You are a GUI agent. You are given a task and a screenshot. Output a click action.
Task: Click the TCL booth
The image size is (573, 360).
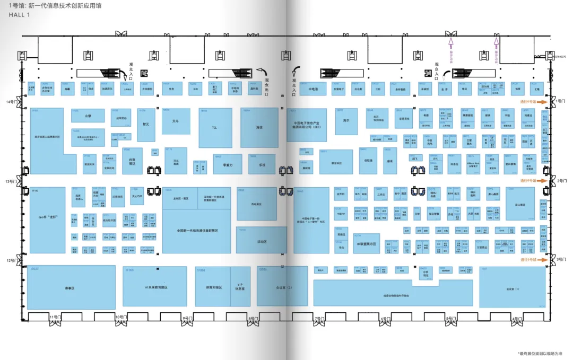(215, 128)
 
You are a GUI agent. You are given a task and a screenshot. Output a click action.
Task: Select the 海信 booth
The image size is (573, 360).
(259, 128)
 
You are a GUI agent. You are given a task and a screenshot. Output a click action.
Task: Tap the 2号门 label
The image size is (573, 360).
(562, 181)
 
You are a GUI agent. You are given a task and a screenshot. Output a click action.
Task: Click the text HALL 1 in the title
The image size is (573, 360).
(20, 15)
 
